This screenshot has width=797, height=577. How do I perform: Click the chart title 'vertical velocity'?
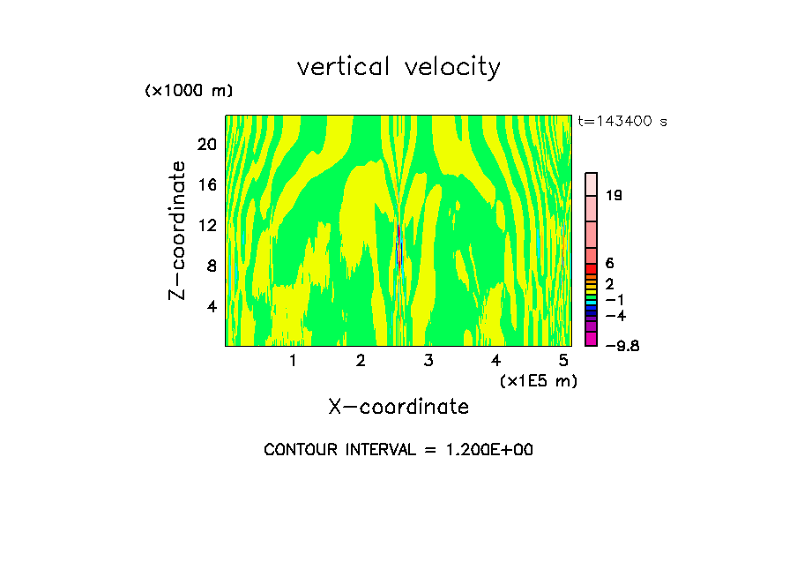(x=398, y=67)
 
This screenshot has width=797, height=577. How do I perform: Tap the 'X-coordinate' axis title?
(x=398, y=407)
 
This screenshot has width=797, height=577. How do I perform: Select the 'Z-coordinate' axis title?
(x=178, y=230)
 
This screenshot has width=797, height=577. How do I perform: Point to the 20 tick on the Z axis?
(x=206, y=144)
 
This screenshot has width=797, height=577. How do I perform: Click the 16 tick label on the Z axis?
(x=206, y=184)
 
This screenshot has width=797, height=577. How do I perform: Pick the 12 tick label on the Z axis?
(x=206, y=225)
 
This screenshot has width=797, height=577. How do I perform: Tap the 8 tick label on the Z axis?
(x=211, y=266)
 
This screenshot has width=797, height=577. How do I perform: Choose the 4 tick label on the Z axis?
(x=211, y=306)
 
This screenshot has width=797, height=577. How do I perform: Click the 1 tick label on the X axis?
(x=293, y=360)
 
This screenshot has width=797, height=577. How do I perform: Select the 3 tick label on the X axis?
(x=428, y=360)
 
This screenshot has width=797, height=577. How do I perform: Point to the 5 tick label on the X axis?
(x=563, y=360)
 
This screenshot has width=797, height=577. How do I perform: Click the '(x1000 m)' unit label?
(x=188, y=92)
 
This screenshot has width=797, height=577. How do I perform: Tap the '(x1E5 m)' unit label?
(x=538, y=380)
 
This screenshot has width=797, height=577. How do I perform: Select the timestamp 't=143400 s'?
(x=622, y=121)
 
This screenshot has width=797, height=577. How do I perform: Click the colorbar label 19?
(x=615, y=195)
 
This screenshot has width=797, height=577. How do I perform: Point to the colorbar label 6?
(x=609, y=264)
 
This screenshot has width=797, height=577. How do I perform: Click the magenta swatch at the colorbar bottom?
(x=592, y=340)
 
